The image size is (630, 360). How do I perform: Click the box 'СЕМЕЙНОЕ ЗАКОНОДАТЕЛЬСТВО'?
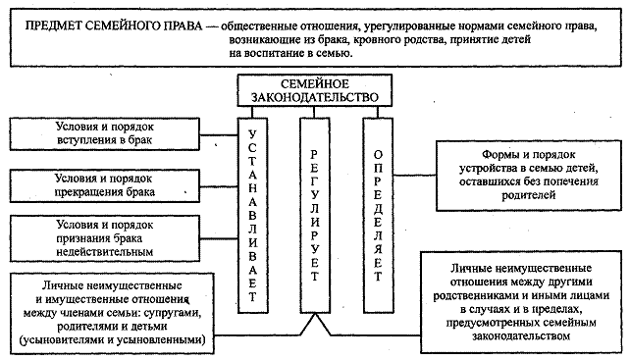(315, 90)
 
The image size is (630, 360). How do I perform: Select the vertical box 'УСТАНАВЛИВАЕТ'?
(253, 216)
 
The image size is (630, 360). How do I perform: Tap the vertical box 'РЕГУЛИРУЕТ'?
(315, 216)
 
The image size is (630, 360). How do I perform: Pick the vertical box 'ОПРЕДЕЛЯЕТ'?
(378, 216)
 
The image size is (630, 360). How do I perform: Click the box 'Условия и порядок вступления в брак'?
(104, 134)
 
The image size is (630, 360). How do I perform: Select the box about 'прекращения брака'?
(104, 185)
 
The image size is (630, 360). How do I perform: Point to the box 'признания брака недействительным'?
(104, 238)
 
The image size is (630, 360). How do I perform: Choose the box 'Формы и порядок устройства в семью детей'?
(529, 176)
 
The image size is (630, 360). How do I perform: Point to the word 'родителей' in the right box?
(528, 195)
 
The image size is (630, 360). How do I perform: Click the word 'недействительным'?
(104, 252)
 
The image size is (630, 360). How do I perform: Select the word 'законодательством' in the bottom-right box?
(521, 335)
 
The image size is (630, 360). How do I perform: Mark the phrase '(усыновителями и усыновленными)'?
(113, 340)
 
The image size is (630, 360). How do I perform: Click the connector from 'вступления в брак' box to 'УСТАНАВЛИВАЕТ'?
(219, 135)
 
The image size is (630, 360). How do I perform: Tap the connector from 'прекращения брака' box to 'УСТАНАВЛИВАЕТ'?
(219, 186)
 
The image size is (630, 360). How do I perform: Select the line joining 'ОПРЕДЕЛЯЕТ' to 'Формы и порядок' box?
(415, 176)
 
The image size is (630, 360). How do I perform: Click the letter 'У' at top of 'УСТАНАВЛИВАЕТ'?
(252, 133)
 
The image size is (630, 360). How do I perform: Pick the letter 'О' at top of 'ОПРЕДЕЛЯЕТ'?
(378, 154)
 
